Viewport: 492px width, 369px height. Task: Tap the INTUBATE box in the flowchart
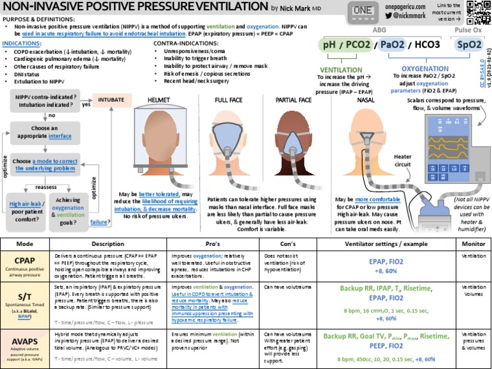111,99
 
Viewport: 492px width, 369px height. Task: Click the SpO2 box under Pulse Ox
469,45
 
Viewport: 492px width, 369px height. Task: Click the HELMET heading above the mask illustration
158,100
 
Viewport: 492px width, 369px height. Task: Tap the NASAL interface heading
366,100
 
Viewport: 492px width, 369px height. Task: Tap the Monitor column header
473,244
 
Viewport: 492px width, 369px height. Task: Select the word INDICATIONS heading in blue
22,42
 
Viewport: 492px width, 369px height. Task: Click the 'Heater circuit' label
402,160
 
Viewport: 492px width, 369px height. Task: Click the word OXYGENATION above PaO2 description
424,69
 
